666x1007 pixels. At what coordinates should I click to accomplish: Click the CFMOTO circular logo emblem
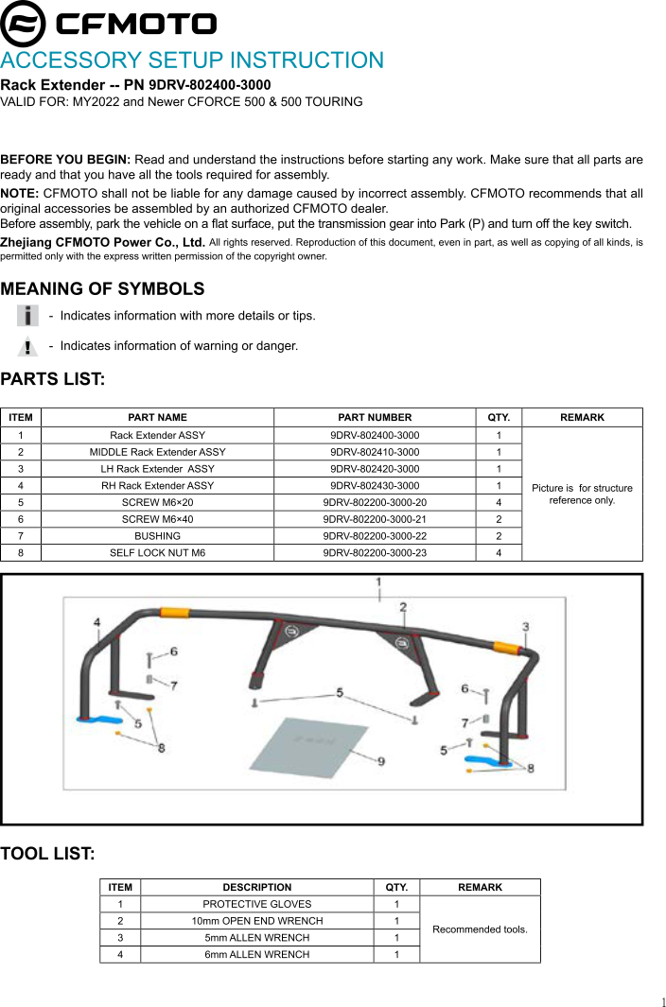(23, 24)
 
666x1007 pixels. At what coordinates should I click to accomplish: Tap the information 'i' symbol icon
(29, 315)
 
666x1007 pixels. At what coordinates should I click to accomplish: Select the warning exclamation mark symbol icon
(29, 346)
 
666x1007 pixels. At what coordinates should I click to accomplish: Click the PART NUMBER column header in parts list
(375, 417)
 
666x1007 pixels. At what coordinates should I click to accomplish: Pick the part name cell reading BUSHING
(157, 535)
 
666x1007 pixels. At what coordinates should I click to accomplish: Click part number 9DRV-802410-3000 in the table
(375, 452)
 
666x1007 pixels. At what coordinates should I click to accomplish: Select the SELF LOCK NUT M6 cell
(157, 552)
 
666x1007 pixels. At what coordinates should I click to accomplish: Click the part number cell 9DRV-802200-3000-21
(375, 519)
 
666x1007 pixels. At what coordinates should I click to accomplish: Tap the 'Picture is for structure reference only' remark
(582, 494)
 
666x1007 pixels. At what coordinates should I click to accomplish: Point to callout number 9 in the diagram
(380, 760)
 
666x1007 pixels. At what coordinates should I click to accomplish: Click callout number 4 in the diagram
(96, 621)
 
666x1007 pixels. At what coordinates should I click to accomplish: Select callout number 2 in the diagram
(403, 606)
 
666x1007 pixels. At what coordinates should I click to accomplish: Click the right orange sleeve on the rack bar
(505, 648)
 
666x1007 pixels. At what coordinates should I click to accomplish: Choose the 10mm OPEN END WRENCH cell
(256, 921)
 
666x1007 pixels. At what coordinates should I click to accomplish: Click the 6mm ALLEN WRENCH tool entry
(256, 954)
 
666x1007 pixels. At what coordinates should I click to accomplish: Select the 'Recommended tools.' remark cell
(480, 929)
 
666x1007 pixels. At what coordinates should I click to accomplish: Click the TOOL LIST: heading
(47, 854)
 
